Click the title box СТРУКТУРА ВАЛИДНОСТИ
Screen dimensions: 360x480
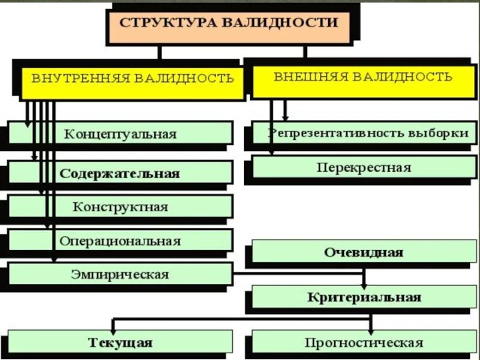228,25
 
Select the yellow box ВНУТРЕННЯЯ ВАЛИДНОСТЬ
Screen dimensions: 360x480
133,80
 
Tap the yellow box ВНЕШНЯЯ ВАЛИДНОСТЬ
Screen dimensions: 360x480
363,79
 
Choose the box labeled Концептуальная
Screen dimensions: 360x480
120,133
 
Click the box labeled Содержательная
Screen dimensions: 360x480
120,173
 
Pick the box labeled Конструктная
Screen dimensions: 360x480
120,207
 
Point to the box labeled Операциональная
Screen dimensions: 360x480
120,241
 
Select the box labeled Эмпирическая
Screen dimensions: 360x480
120,275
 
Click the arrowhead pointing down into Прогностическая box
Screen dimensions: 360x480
371,331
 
